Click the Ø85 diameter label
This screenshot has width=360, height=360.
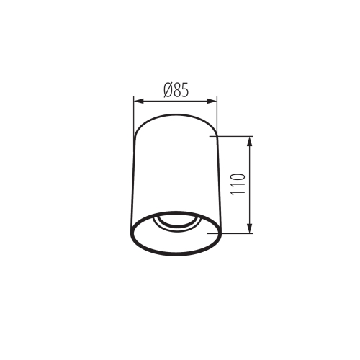pos(176,90)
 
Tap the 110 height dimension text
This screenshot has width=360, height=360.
pos(238,184)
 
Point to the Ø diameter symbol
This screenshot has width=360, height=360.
pos(168,90)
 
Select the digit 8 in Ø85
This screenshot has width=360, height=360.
pos(178,91)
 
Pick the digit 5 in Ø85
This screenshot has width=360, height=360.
pos(186,91)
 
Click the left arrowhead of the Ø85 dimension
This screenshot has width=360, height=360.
pos(139,101)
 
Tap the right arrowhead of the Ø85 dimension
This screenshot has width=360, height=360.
pos(212,101)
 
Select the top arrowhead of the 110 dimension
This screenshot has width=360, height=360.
pos(250,141)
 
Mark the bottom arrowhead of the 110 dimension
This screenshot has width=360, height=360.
pos(250,228)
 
